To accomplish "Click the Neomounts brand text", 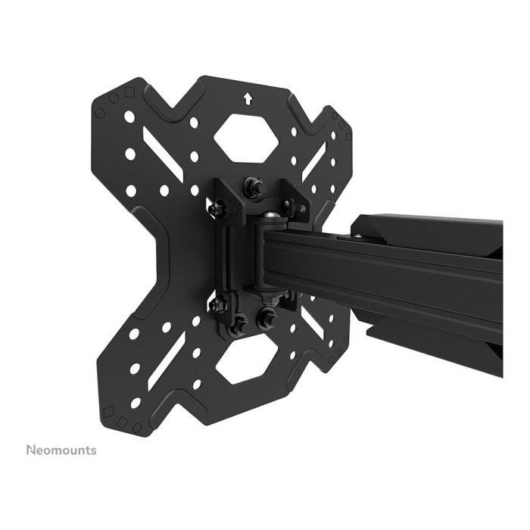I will point(61,450).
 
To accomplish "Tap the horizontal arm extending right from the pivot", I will point(394,273).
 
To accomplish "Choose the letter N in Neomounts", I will point(30,450).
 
